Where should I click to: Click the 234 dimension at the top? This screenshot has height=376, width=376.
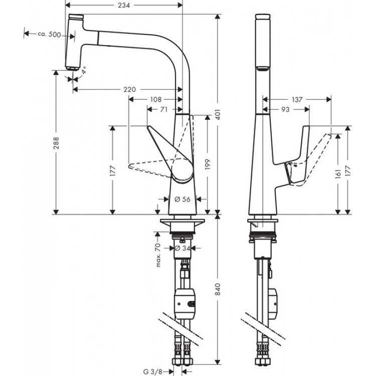124,6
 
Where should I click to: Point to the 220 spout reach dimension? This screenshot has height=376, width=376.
129,89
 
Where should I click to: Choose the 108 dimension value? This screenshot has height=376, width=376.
155,99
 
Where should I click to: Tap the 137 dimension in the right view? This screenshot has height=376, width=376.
297,99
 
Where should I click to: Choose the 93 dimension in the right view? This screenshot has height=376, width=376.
286,108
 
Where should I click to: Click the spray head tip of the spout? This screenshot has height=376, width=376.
72,64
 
